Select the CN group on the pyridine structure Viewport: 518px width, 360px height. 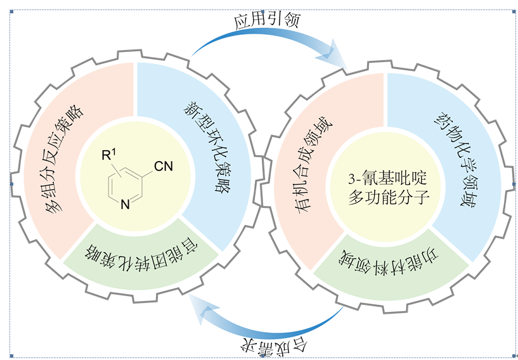point(162,167)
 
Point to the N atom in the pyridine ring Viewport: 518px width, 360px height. point(125,204)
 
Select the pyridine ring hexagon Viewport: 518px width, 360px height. point(124,185)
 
